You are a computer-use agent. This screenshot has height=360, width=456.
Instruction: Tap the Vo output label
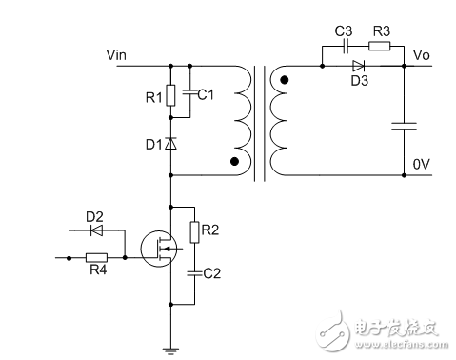pyautogui.click(x=417, y=55)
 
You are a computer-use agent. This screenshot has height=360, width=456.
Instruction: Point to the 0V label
pyautogui.click(x=420, y=165)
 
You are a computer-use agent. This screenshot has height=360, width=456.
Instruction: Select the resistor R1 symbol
pyautogui.click(x=170, y=94)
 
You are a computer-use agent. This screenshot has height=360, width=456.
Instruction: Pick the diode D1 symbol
pyautogui.click(x=170, y=144)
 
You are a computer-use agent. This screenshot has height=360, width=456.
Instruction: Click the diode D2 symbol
pyautogui.click(x=96, y=230)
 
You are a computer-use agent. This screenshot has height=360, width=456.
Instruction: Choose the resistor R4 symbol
pyautogui.click(x=96, y=256)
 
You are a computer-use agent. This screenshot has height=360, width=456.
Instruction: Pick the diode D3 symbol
pyautogui.click(x=358, y=66)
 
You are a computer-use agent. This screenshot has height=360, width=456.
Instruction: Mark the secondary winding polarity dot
pyautogui.click(x=283, y=81)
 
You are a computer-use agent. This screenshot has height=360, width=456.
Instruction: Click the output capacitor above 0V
pyautogui.click(x=406, y=125)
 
